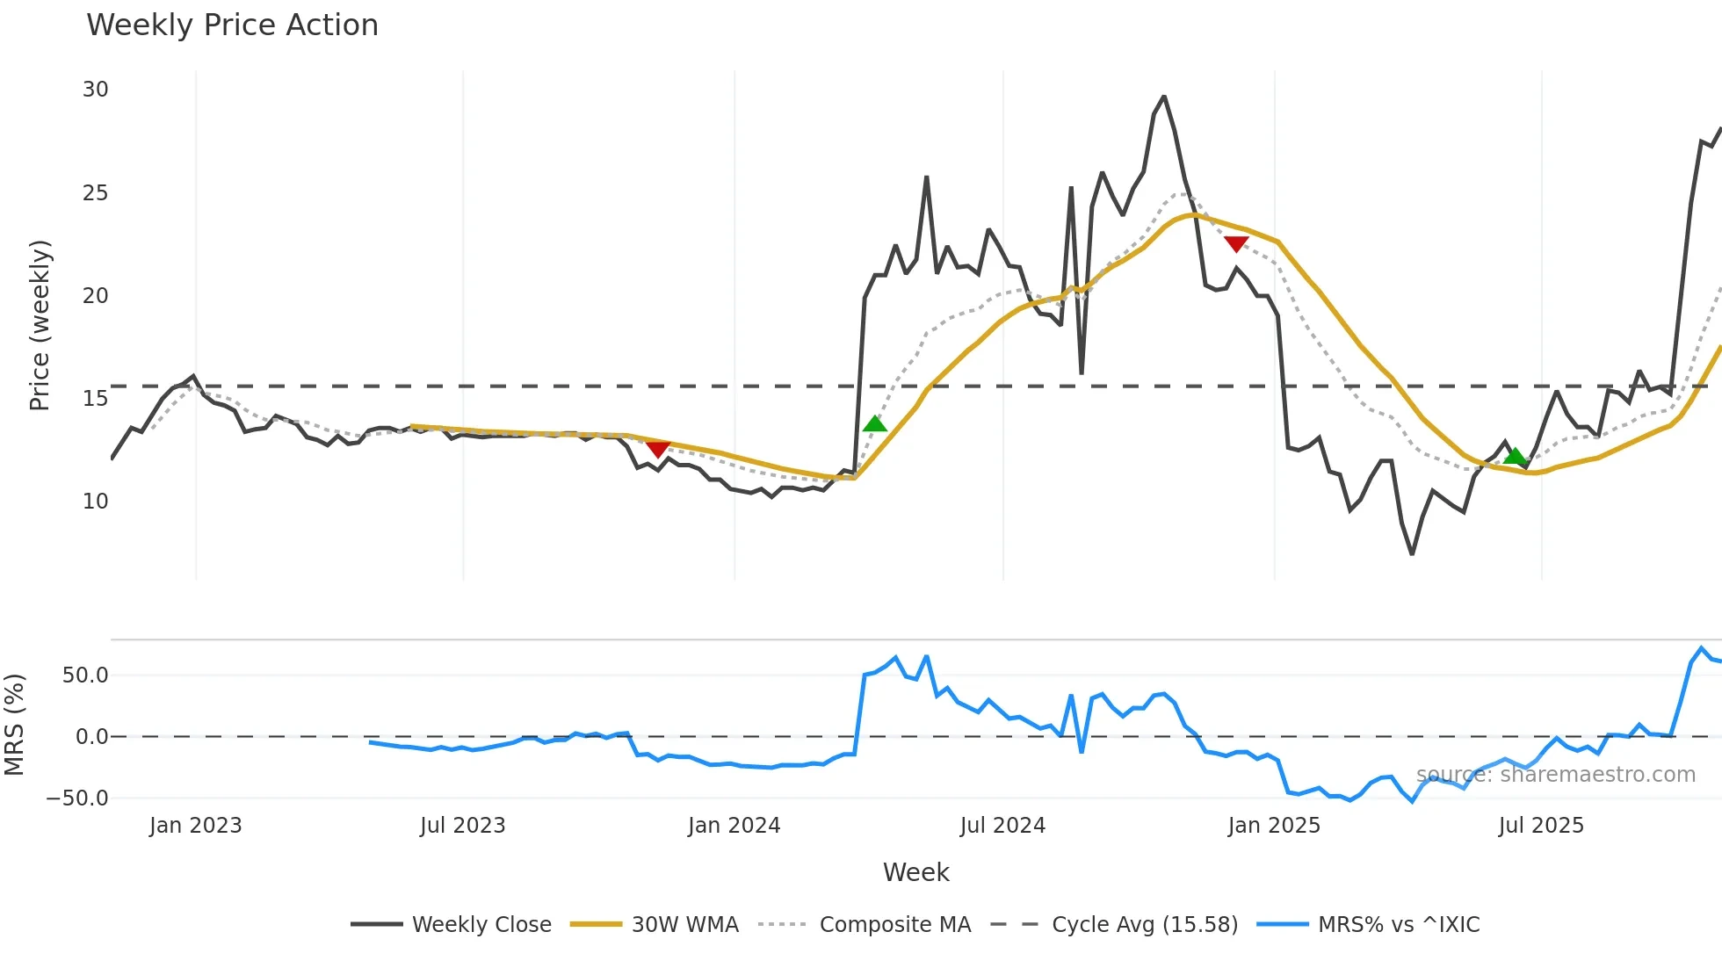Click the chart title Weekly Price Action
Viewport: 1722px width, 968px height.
tap(232, 25)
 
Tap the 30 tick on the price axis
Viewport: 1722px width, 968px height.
tap(96, 90)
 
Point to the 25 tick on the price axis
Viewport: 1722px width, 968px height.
tap(96, 193)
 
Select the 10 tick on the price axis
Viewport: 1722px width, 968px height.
tap(96, 502)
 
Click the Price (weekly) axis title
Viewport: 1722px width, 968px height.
tap(40, 325)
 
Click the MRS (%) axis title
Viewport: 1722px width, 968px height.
tap(14, 725)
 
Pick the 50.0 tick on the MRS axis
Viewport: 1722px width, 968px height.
tap(85, 675)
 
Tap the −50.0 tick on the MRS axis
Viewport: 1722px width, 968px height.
tap(78, 798)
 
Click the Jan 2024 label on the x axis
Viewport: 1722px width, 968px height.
tap(734, 826)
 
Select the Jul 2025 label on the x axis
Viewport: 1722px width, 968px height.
tap(1541, 826)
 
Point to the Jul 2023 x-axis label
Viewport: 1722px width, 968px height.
tap(462, 826)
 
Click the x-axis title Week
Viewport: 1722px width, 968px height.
tap(915, 872)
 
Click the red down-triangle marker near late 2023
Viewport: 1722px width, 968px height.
tap(658, 450)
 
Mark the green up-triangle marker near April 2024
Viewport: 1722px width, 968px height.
tap(875, 424)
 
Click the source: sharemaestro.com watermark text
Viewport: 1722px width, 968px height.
tap(1555, 775)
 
